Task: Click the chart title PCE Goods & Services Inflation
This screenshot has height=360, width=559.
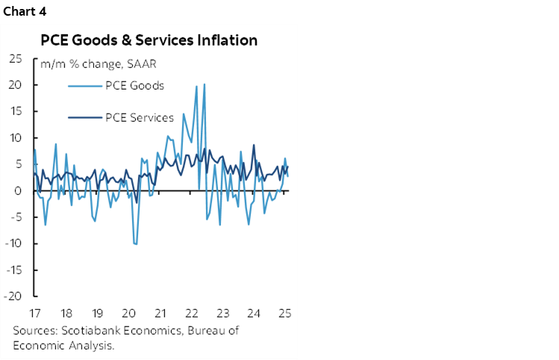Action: click(149, 40)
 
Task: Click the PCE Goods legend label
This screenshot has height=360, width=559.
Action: click(135, 85)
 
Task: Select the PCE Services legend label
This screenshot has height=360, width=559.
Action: click(139, 117)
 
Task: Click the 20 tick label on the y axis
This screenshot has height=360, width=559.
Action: click(15, 85)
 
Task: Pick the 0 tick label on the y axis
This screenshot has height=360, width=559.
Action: click(18, 190)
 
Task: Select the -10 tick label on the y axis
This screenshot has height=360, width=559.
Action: click(13, 243)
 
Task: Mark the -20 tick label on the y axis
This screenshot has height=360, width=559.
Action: click(13, 296)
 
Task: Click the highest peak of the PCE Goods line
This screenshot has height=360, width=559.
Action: click(204, 84)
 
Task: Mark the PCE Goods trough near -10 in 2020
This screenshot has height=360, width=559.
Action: click(136, 244)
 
